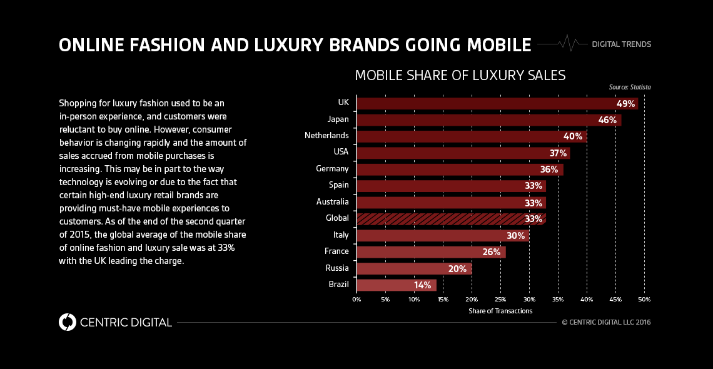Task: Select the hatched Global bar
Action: tap(451, 218)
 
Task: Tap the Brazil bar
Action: tap(396, 285)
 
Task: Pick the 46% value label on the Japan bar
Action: tap(607, 119)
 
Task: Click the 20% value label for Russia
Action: tap(457, 269)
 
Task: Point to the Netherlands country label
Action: tap(326, 136)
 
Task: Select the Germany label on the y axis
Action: tap(332, 169)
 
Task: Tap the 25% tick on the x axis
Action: tap(500, 300)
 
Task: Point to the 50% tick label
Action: tap(644, 300)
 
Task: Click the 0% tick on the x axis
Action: tap(356, 300)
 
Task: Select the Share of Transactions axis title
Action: tap(500, 311)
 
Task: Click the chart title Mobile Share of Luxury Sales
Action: tap(460, 76)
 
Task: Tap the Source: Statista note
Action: tap(629, 88)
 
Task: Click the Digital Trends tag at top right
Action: tap(621, 44)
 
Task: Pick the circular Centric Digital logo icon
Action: tap(67, 322)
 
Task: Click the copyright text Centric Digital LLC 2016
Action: tap(606, 323)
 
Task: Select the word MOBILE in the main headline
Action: tap(494, 45)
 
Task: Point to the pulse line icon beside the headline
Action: tap(562, 44)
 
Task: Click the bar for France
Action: tap(431, 252)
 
